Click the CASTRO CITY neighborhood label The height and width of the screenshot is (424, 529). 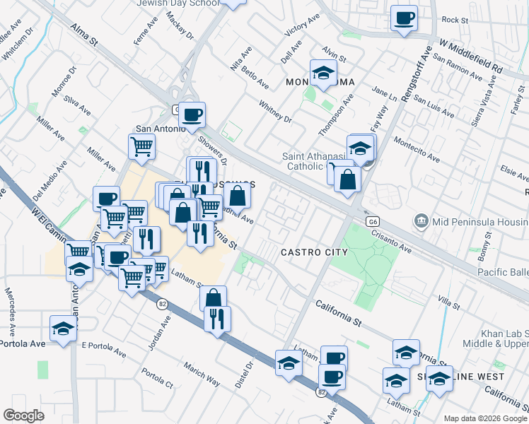314,252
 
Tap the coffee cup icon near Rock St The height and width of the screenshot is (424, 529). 405,18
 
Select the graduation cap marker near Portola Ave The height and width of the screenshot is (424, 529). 64,329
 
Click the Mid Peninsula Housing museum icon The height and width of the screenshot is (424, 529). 422,221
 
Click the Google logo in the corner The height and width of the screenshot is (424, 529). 23,416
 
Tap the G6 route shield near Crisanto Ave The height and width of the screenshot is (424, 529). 373,221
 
